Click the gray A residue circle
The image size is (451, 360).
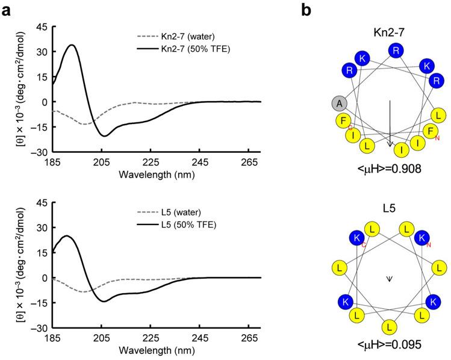[340, 103]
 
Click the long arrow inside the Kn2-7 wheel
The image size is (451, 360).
[390, 123]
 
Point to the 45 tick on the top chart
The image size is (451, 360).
[41, 26]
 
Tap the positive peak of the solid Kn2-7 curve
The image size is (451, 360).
[72, 45]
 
